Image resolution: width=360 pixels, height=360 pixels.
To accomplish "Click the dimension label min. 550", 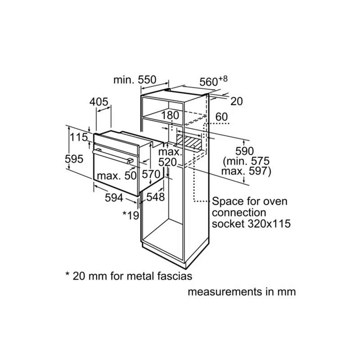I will point(134,80).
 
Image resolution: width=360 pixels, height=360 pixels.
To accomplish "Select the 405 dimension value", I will point(99,102).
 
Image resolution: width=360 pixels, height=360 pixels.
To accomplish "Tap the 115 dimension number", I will point(78,137).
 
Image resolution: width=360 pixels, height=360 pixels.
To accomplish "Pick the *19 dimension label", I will point(130,215).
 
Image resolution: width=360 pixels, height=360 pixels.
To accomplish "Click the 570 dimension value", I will point(151,174).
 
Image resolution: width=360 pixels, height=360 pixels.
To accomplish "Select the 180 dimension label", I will point(170,115).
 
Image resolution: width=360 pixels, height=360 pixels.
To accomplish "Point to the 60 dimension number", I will point(221,117).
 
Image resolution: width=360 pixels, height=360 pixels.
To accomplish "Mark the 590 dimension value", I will point(245,151).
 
